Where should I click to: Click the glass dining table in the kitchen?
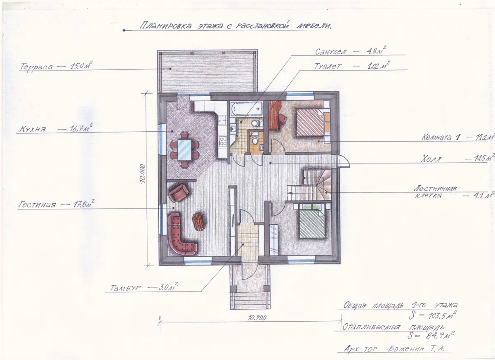tap(184, 150)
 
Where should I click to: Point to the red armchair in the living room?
tap(179, 193)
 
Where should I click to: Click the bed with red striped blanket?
tap(311, 122)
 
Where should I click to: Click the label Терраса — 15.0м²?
tap(56, 66)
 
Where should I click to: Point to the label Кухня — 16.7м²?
tap(56, 128)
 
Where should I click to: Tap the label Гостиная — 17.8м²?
tap(57, 204)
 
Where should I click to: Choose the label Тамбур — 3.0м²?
tap(144, 287)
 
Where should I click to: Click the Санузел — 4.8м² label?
tap(350, 51)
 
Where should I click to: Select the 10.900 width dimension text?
tap(257, 318)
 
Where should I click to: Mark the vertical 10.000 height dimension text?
tap(143, 174)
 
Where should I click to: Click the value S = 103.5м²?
tap(432, 315)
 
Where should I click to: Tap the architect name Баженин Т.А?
tap(416, 349)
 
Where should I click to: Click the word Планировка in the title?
tap(166, 25)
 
